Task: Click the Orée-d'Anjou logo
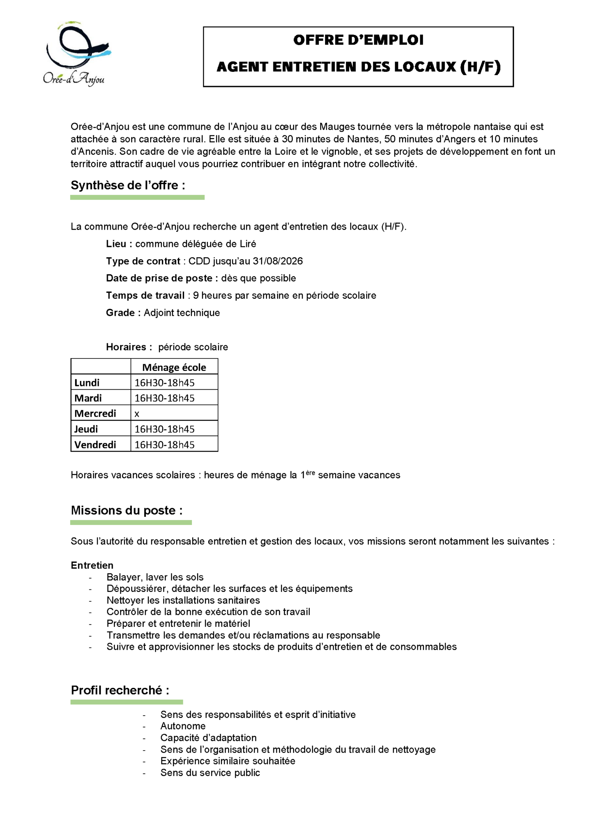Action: [76, 53]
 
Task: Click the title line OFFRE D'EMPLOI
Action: [358, 40]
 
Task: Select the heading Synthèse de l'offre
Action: [127, 185]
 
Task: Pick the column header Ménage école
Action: [174, 367]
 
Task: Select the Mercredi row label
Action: [95, 413]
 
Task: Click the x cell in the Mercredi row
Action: [137, 414]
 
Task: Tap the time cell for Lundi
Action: [164, 383]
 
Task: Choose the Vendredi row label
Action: [95, 445]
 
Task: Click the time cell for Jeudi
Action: [164, 429]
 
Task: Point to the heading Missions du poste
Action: [126, 511]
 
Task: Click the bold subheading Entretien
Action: [92, 565]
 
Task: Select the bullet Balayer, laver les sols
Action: [155, 577]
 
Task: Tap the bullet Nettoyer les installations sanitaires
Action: [183, 600]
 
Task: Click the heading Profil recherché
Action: [120, 690]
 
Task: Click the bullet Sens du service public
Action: [210, 773]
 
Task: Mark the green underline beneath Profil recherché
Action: [126, 702]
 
